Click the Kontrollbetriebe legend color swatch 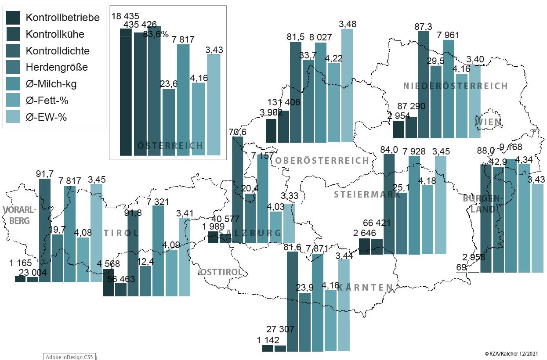click(x=14, y=18)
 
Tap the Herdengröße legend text click(x=57, y=67)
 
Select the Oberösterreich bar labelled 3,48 click(x=347, y=86)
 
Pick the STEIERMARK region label click(x=367, y=194)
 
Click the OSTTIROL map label click(x=221, y=272)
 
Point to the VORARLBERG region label click(x=19, y=215)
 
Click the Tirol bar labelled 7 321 click(x=158, y=250)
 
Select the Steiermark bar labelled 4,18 click(x=427, y=220)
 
